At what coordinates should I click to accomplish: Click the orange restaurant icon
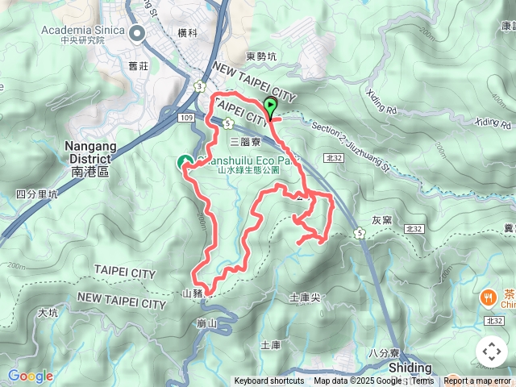tap(489, 298)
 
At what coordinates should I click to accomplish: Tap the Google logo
tap(30, 376)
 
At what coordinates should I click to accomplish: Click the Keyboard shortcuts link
tap(269, 381)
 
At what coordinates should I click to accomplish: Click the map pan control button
tap(491, 352)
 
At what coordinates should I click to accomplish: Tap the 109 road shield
tap(186, 119)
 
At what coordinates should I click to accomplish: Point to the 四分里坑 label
tap(37, 194)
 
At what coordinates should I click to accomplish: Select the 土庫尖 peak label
tap(304, 298)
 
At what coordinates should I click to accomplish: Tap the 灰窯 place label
tap(381, 219)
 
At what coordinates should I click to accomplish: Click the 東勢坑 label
tap(260, 56)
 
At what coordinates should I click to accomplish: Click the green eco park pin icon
tap(185, 163)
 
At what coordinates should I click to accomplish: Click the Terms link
tap(422, 381)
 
